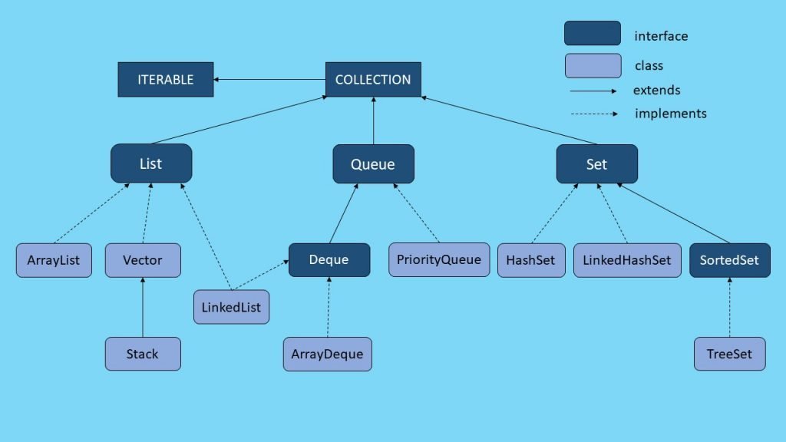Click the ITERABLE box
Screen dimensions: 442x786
(165, 80)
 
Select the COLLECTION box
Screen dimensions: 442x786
(373, 80)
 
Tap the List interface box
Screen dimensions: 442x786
(151, 163)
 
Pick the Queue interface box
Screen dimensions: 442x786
(373, 163)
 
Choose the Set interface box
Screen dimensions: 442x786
(596, 163)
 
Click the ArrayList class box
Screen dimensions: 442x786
(54, 260)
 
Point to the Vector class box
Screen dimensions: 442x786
(143, 260)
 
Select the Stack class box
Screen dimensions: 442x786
(143, 354)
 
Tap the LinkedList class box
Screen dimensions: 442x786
(231, 307)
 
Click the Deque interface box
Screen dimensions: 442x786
(329, 259)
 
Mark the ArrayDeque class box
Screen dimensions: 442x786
(327, 354)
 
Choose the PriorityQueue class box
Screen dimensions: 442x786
(439, 259)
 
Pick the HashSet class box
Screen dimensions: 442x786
(530, 260)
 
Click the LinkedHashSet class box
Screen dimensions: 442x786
(626, 260)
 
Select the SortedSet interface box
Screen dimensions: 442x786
(729, 260)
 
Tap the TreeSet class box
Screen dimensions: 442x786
(729, 354)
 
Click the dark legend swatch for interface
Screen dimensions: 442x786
(592, 34)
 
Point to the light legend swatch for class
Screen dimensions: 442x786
(592, 65)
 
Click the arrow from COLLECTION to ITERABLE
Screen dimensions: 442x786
(269, 80)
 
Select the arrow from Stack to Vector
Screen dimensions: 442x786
(143, 307)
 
